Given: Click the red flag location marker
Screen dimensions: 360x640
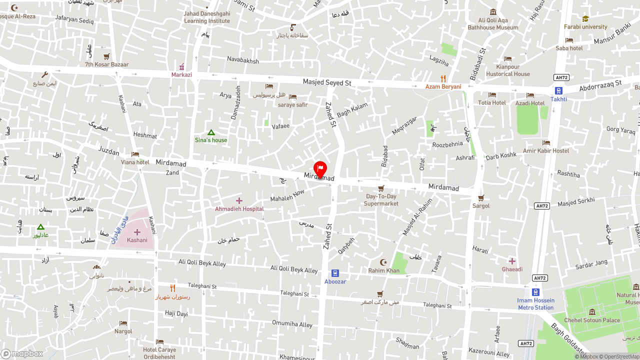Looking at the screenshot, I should coord(320,169).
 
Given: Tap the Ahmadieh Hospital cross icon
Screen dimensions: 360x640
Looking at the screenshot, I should coord(239,201).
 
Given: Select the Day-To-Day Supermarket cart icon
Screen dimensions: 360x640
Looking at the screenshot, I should coord(381,188).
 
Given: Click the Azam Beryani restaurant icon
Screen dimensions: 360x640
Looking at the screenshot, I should coord(443,78).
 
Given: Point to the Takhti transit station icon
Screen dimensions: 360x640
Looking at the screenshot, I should coord(558,90).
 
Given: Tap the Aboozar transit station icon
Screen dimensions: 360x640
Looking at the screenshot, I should coord(335,273).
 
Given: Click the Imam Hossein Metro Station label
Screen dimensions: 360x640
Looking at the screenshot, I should coord(535,304).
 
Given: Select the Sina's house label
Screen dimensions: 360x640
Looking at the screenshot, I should coord(211,140).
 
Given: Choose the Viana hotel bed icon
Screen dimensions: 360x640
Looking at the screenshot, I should coord(135,154).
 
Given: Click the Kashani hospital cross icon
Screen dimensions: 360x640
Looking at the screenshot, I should coord(137,232).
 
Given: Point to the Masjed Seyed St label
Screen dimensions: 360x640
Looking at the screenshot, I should coord(327,82).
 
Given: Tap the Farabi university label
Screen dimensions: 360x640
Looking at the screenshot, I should coord(585,27).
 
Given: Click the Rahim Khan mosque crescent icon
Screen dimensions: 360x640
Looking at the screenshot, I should coord(384,262).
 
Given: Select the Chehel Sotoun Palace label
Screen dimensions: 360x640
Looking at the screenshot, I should coord(592,320).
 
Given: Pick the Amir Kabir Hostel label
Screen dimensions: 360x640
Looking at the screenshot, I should coord(546,151).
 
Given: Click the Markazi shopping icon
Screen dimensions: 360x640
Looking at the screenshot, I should coord(181,67).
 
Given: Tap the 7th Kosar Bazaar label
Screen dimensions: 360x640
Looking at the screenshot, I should coord(106,64).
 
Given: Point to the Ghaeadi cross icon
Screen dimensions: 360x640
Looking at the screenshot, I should coord(512,261).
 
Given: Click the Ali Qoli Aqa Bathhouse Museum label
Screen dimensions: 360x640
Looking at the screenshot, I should coord(493,24).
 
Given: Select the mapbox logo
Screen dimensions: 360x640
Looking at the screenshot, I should coord(22,353).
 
